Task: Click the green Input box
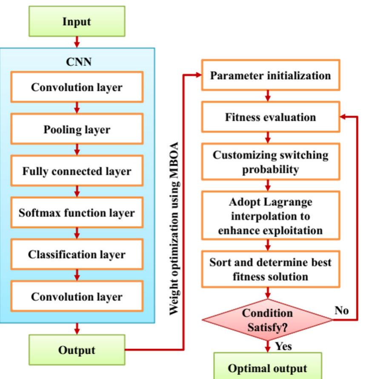(77, 21)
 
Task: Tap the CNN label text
(79, 62)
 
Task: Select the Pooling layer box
(77, 129)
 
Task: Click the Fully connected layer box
(77, 171)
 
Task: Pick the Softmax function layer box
(77, 212)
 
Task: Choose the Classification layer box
(77, 255)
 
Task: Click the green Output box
(77, 350)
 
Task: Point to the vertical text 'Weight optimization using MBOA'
(174, 228)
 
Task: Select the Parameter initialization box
(270, 75)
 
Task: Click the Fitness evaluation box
(270, 117)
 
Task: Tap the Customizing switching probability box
(270, 162)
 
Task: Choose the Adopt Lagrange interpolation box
(270, 216)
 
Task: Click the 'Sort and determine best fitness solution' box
(270, 269)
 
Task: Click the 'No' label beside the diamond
(341, 310)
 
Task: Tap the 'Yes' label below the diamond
(283, 346)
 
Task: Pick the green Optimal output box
(267, 367)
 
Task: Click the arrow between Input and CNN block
(77, 42)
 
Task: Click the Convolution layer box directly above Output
(77, 296)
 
